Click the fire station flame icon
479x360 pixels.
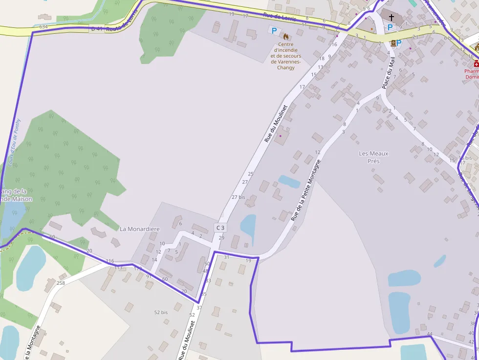point(286,36)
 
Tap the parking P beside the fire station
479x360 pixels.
point(274,31)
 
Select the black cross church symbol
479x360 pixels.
point(392,17)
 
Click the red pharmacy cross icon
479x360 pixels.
point(476,64)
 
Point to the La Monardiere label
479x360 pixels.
point(140,228)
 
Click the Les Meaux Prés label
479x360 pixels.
point(373,157)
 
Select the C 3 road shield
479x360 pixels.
point(220,228)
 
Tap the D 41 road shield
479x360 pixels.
point(97,29)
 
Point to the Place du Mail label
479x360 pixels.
point(388,73)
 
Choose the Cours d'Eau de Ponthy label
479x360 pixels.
point(15,142)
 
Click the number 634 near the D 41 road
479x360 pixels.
point(44,26)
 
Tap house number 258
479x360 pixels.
point(61,283)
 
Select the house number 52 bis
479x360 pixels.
point(161,312)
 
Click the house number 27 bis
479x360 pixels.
point(238,197)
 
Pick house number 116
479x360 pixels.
point(109,261)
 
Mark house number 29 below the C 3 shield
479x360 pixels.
point(221,238)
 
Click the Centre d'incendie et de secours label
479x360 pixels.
point(286,56)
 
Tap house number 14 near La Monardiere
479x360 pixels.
point(154,260)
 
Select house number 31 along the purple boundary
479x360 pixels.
point(226,257)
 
